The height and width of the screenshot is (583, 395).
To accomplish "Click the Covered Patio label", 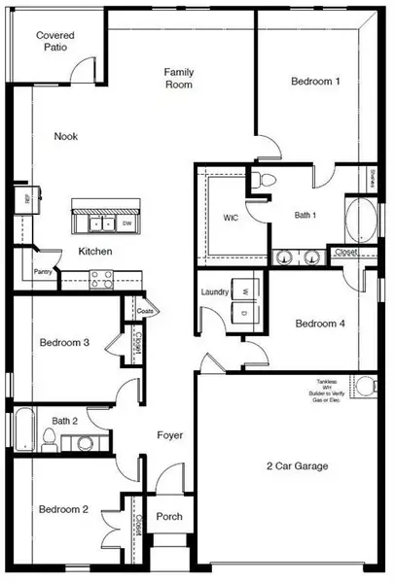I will [x=56, y=42].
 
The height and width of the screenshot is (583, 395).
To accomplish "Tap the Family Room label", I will [x=178, y=79].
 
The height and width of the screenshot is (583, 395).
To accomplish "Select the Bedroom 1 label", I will [x=315, y=82].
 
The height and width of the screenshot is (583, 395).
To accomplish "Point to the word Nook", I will [x=66, y=137].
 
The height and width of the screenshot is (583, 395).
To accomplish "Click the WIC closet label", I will [x=231, y=218].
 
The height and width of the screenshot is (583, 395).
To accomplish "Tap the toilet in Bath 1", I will [x=263, y=179].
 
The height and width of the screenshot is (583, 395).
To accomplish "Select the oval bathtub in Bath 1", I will [x=357, y=220].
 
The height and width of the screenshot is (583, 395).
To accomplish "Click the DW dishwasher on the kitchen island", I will [x=126, y=223].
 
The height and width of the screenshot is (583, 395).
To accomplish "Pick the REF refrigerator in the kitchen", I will [x=25, y=199].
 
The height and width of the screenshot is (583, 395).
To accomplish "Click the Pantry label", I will [x=42, y=272].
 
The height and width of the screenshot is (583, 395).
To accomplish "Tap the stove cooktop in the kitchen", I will [x=101, y=279].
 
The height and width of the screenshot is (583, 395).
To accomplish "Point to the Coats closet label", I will [x=145, y=311].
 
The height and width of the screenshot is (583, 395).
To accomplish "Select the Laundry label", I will [x=214, y=291].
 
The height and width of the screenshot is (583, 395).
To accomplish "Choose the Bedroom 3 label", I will [x=65, y=343].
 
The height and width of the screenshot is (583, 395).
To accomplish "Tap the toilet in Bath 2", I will [x=85, y=442].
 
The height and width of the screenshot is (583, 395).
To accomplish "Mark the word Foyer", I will [x=170, y=435].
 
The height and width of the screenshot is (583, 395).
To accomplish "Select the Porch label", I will [x=169, y=516].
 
